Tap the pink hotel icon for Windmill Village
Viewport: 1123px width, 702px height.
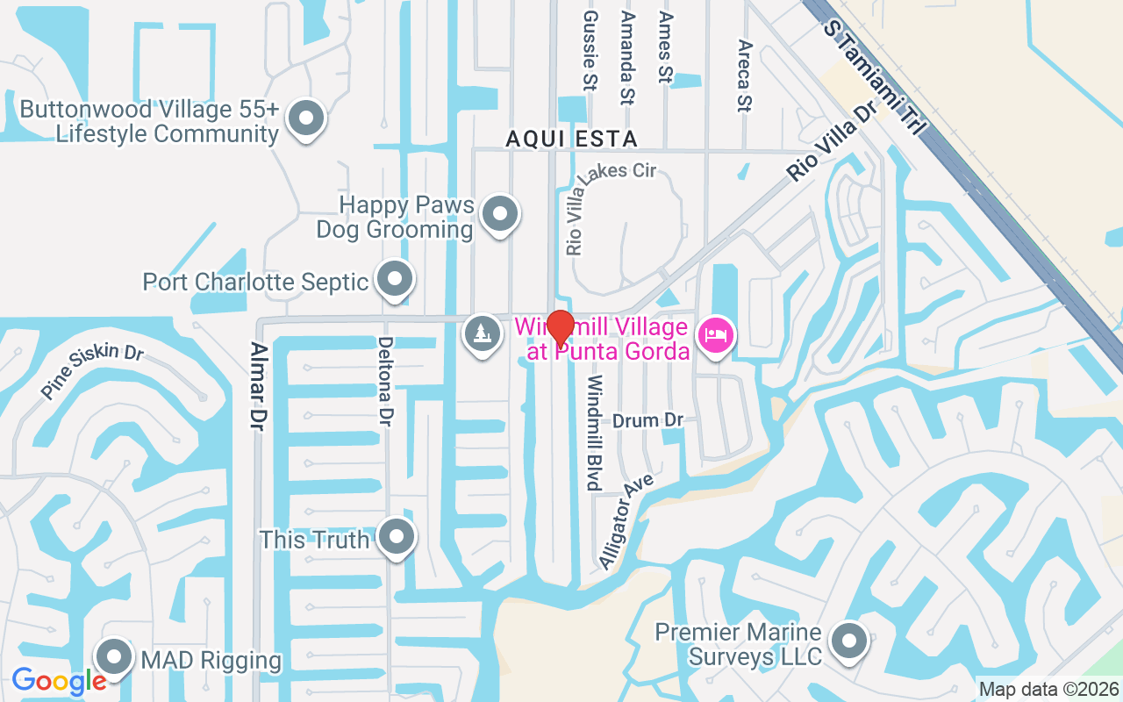717,335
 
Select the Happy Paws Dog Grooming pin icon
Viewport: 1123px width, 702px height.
500,213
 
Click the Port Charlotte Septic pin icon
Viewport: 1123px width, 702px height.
395,279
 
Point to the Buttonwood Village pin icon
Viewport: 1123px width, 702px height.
307,117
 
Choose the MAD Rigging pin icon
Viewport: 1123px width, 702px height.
114,657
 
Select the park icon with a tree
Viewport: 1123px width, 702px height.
481,334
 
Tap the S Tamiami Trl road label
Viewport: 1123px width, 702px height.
874,78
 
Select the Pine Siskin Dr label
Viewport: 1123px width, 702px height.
91,373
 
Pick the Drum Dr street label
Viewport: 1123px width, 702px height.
647,420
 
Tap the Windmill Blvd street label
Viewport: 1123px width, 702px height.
595,433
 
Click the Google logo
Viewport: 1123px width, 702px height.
58,681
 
